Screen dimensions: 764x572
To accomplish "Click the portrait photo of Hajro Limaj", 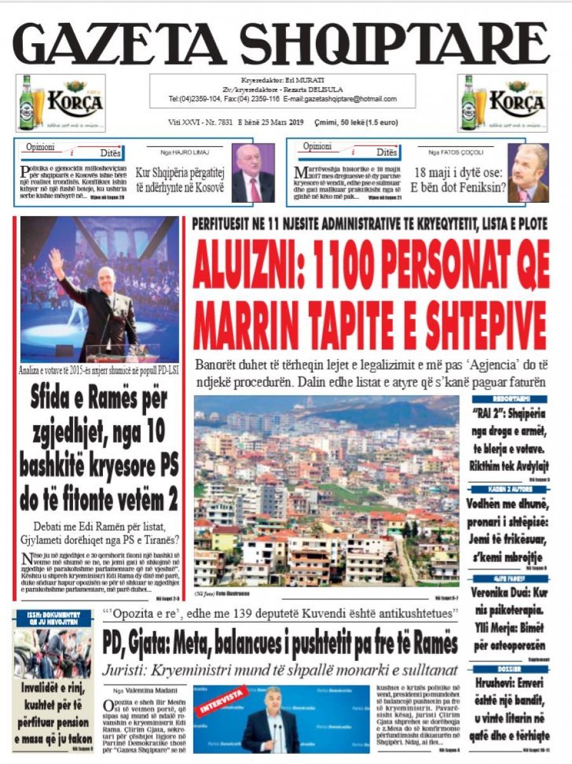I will click(252, 173).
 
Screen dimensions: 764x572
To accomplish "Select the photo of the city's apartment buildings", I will click(326, 491).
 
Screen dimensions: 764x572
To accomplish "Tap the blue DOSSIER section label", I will click(510, 669).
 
